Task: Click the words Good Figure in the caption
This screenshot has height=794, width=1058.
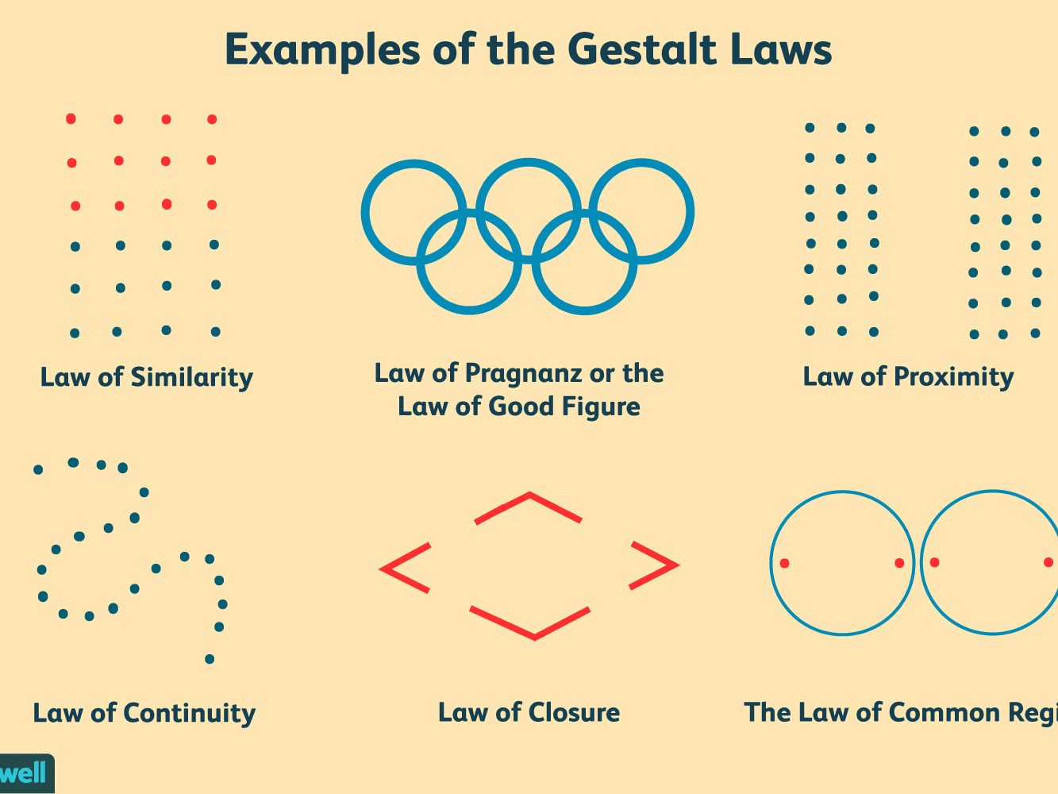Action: [564, 407]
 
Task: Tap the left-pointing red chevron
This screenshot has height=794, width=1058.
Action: [405, 568]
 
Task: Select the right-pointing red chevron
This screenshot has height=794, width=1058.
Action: [654, 565]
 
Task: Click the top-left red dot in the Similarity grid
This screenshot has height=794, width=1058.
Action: [71, 119]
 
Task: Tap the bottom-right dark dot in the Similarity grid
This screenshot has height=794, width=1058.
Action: [215, 332]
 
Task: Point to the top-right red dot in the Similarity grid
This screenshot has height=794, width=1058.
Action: [212, 120]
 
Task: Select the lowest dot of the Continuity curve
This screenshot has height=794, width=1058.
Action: [210, 659]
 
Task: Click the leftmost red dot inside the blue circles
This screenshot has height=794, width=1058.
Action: [784, 563]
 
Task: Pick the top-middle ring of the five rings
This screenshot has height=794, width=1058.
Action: [529, 161]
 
